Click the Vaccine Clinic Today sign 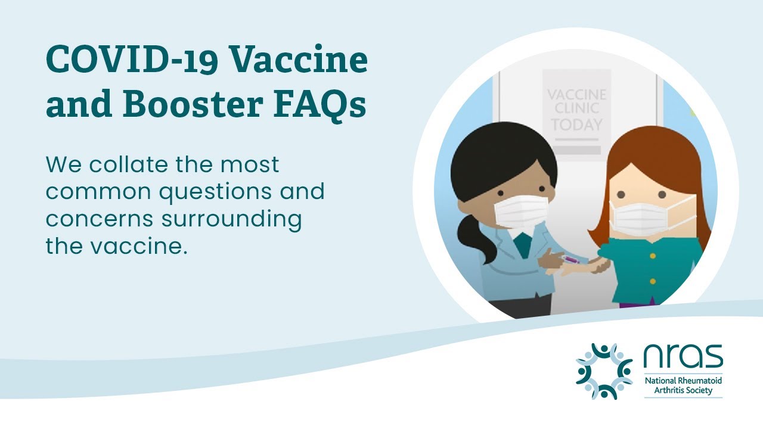[x=576, y=110]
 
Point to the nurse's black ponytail [x=474, y=235]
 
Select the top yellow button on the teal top [x=652, y=256]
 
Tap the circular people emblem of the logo [x=604, y=371]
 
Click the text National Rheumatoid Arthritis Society [x=683, y=386]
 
